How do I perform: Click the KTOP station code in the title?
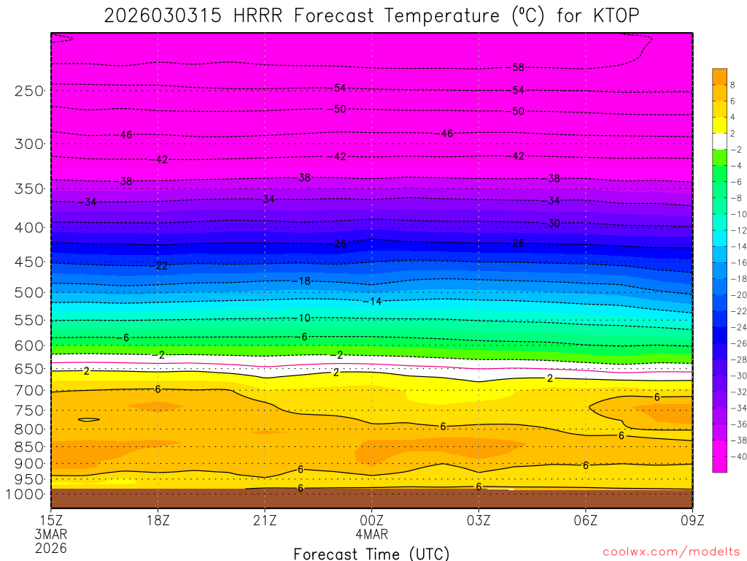pyautogui.click(x=619, y=15)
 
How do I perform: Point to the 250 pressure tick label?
pyautogui.click(x=30, y=91)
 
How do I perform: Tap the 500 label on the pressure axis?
pyautogui.click(x=30, y=293)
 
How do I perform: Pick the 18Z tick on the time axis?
pyautogui.click(x=158, y=520)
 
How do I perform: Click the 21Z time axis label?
pyautogui.click(x=265, y=520)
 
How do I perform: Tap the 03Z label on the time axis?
pyautogui.click(x=479, y=520)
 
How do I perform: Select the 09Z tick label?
pyautogui.click(x=692, y=520)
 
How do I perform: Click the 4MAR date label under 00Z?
pyautogui.click(x=372, y=534)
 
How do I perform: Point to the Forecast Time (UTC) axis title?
pyautogui.click(x=372, y=553)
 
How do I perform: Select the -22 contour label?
pyautogui.click(x=160, y=266)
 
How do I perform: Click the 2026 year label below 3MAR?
pyautogui.click(x=51, y=548)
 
